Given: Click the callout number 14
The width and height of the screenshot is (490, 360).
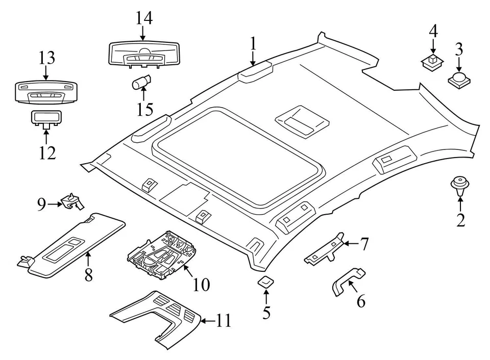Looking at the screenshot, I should [x=144, y=18].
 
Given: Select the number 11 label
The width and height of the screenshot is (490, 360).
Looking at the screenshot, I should [x=223, y=321].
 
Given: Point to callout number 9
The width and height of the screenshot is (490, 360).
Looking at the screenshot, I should [x=41, y=204].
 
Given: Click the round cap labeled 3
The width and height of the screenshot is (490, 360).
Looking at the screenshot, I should [x=458, y=79].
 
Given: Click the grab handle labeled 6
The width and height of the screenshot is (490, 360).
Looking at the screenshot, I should [x=346, y=280].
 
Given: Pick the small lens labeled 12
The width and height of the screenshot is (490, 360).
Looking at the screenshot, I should [x=46, y=118].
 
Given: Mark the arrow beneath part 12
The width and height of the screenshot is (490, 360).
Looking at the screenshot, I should [x=46, y=136].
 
